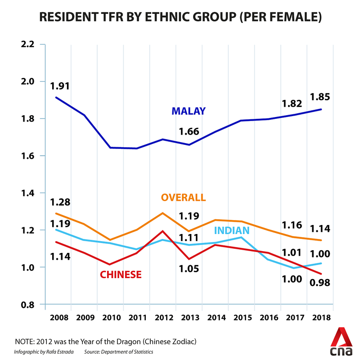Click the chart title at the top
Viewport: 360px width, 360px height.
(180, 18)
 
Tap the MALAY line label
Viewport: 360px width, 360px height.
(188, 111)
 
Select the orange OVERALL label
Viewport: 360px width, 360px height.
(183, 198)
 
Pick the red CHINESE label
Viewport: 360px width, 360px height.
(121, 274)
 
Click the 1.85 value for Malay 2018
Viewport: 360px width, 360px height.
(320, 96)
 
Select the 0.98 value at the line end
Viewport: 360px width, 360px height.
(320, 283)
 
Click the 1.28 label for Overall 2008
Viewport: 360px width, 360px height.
(60, 202)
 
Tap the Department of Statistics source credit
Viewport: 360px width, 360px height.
(120, 351)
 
